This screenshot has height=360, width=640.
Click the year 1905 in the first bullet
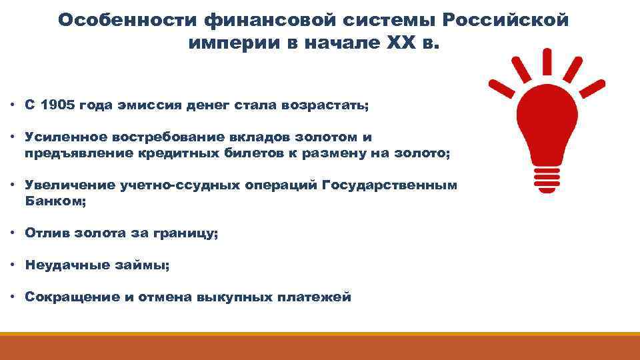[58, 105]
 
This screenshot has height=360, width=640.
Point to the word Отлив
[47, 233]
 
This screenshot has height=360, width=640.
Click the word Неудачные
[67, 265]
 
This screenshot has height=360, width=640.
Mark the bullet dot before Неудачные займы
[13, 265]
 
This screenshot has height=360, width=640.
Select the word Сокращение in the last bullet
[72, 297]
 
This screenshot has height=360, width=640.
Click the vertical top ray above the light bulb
[547, 61]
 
